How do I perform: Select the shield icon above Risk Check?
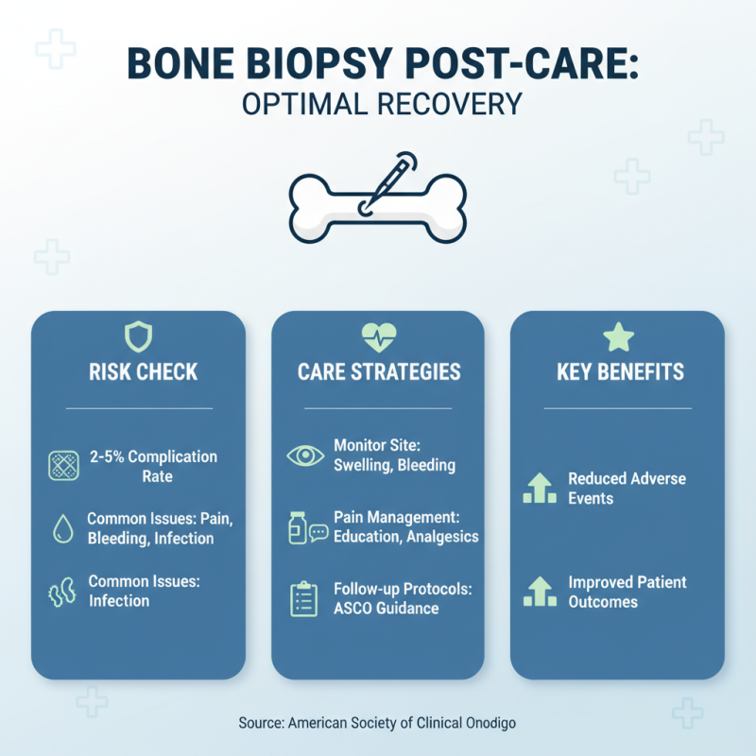[x=138, y=335]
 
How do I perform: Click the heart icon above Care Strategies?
[x=378, y=335]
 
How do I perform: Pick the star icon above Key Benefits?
[x=618, y=335]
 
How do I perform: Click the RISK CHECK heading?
[x=138, y=371]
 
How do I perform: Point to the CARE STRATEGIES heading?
[x=378, y=371]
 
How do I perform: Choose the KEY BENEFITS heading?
[x=619, y=371]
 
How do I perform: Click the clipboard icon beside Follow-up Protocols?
[x=303, y=599]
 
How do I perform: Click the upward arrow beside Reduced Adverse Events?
[x=540, y=489]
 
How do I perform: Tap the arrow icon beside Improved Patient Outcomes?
[x=540, y=593]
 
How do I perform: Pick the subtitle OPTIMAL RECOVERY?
[x=378, y=105]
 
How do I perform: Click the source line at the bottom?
[x=378, y=722]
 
